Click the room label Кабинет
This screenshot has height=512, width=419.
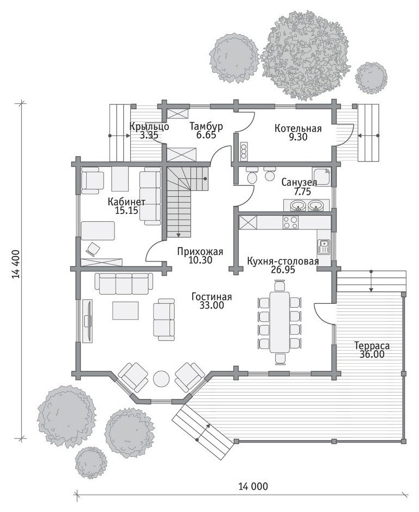click(126, 202)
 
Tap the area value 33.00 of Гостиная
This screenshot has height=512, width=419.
click(212, 305)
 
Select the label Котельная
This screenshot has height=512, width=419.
click(298, 128)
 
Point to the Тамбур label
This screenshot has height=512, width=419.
click(206, 126)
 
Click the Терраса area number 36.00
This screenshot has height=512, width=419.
click(372, 354)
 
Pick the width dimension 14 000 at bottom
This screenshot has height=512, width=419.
click(253, 486)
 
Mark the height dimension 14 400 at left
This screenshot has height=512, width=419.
click(17, 264)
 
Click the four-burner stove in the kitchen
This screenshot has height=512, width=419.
click(290, 222)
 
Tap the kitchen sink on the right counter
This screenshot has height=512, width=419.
click(324, 247)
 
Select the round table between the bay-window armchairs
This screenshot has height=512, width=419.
click(161, 379)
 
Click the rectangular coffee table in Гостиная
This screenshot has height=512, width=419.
click(125, 310)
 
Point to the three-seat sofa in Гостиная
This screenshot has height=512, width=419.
click(124, 283)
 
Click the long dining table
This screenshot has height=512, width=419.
click(280, 322)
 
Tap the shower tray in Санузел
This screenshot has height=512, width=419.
click(321, 177)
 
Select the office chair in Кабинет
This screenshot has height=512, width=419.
click(93, 249)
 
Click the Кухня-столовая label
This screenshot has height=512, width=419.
click(283, 261)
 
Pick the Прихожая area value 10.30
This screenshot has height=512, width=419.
click(200, 260)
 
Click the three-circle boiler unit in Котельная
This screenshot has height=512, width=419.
click(243, 151)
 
